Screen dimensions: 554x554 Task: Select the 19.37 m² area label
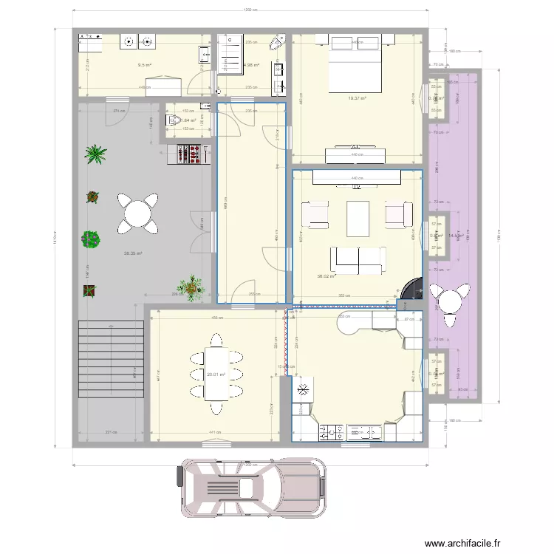pyautogui.click(x=358, y=98)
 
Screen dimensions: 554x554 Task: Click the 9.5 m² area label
pyautogui.click(x=144, y=65)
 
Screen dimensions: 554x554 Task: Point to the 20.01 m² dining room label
pyautogui.click(x=216, y=375)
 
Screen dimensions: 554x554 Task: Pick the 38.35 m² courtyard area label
pyautogui.click(x=133, y=253)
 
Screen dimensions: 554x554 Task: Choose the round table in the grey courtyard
pyautogui.click(x=138, y=213)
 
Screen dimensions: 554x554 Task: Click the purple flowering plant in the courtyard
pyautogui.click(x=91, y=240)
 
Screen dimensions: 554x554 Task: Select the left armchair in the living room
pyautogui.click(x=315, y=214)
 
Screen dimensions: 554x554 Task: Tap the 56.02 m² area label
pyautogui.click(x=326, y=276)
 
